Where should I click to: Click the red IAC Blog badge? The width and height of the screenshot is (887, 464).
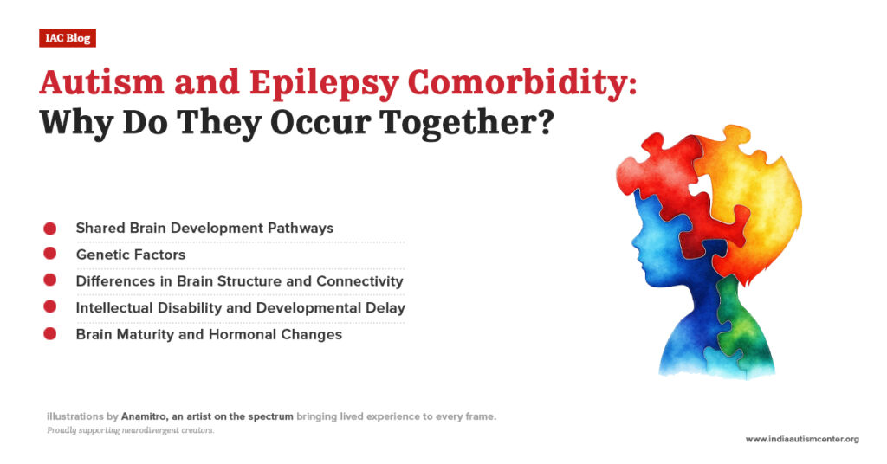coord(67,38)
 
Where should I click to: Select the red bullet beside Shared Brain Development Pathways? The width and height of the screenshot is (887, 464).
coord(50,229)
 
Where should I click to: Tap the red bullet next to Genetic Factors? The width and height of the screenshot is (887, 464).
coord(50,255)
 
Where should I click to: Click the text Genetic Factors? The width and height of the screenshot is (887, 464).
coord(130,255)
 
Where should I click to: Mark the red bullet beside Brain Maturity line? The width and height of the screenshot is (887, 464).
coord(50,333)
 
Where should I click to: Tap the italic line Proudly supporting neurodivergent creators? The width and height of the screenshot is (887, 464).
coord(131,430)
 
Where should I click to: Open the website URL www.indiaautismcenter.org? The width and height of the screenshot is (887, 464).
coord(802,439)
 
